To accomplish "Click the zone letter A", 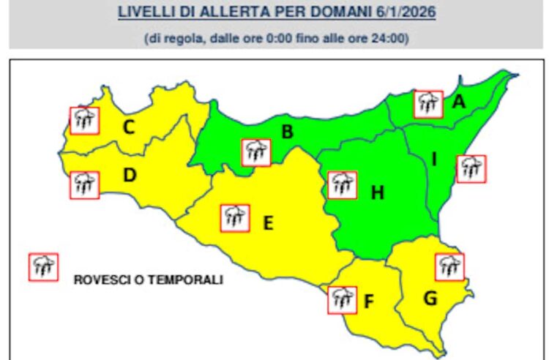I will click(x=459, y=103).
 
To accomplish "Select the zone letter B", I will click(x=288, y=132).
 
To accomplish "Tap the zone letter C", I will click(x=128, y=128).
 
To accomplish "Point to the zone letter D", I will click(x=129, y=176).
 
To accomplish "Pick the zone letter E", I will click(x=268, y=222).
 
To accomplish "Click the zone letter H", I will click(x=377, y=193).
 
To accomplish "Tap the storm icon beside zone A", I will click(x=428, y=105).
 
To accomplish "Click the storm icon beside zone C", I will click(x=84, y=120).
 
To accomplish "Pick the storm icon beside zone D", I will click(x=84, y=184).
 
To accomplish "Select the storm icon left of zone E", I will click(x=235, y=217).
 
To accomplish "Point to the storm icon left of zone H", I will click(x=342, y=185).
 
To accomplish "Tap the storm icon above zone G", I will click(x=449, y=266).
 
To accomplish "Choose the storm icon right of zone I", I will click(x=470, y=168).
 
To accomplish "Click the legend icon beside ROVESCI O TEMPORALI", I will click(x=43, y=267).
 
